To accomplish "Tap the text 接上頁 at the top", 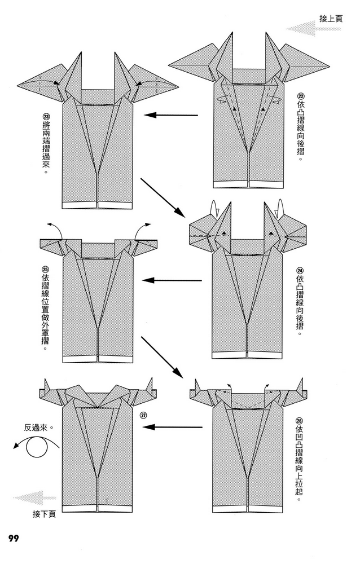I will [331, 18].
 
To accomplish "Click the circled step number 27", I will [143, 416].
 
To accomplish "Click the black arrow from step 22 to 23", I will [172, 115].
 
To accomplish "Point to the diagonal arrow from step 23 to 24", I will [164, 197].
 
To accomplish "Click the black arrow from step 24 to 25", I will [172, 280].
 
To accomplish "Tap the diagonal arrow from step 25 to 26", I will [164, 358].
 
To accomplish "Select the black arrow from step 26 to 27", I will [173, 428].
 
